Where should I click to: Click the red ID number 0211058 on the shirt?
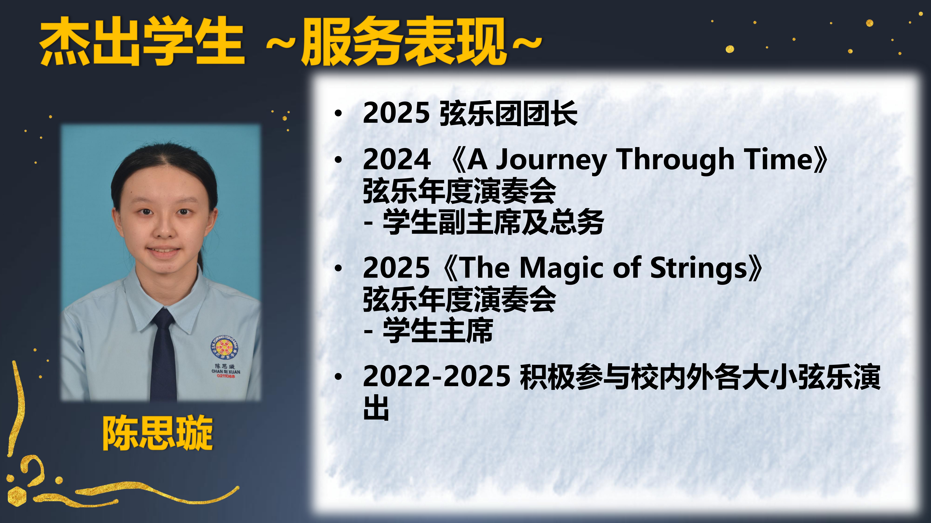[x=226, y=376]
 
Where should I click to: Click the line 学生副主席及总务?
[x=493, y=222]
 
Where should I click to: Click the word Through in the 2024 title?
[x=675, y=160]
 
